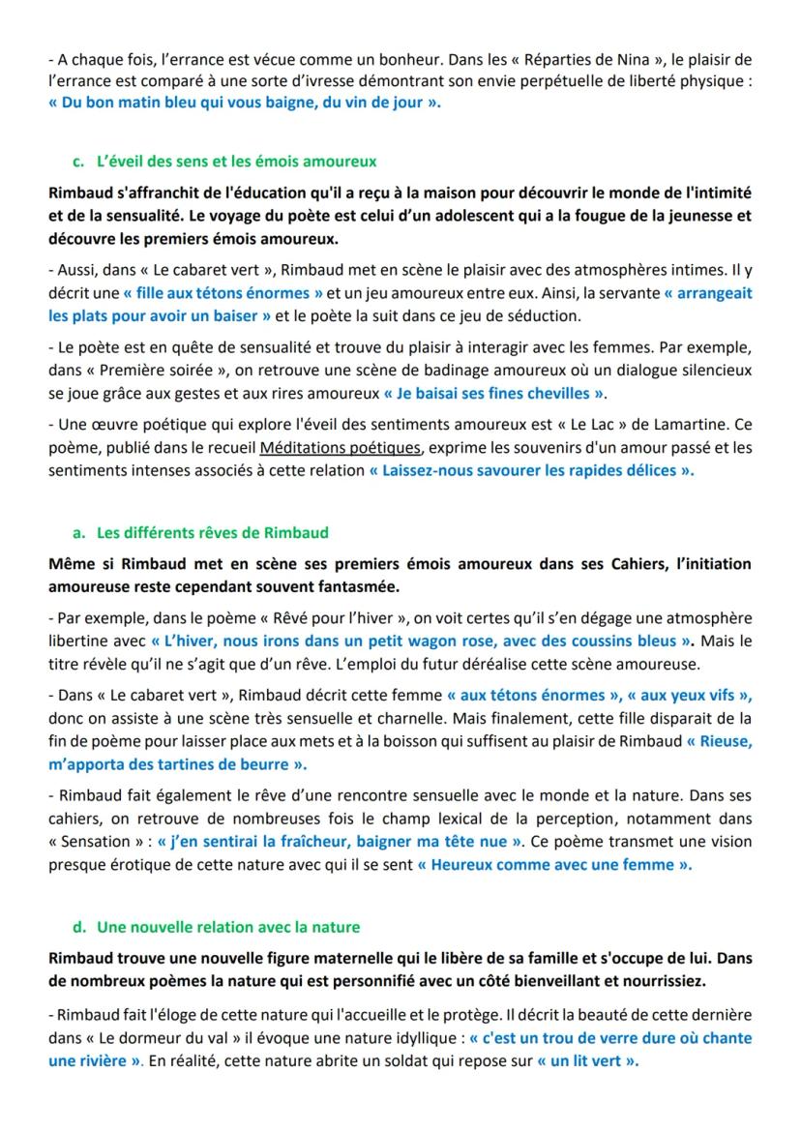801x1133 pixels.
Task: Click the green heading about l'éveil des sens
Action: [237, 161]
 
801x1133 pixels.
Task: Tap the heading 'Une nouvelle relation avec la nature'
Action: [228, 927]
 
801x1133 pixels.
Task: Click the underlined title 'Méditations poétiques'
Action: [341, 448]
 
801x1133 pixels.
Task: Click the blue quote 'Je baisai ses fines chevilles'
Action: [494, 393]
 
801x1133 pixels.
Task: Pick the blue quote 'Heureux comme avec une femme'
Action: [554, 865]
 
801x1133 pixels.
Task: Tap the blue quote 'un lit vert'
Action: [589, 1060]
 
